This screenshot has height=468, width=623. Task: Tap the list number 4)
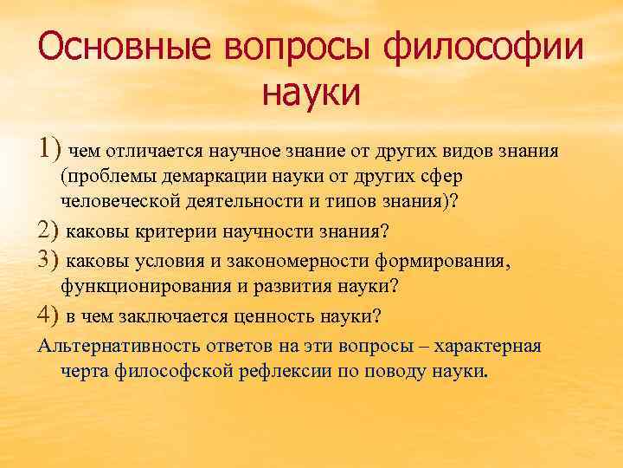coord(49,314)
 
